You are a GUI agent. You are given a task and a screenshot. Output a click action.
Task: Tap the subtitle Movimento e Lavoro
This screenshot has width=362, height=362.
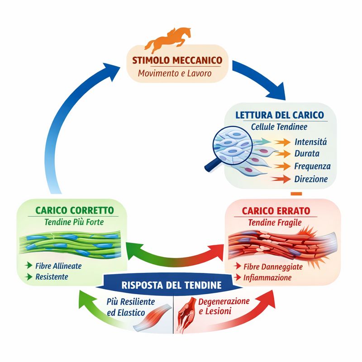(x=175, y=73)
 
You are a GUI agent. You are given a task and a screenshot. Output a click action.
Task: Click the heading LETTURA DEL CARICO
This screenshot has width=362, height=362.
(x=280, y=114)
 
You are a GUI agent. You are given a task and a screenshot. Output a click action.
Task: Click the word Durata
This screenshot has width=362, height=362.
(x=306, y=154)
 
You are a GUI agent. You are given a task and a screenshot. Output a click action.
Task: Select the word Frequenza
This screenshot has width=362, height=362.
(x=312, y=166)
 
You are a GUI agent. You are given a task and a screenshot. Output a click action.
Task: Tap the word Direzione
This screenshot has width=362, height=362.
(x=311, y=179)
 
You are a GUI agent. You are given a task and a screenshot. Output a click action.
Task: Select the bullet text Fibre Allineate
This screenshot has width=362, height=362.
(x=58, y=266)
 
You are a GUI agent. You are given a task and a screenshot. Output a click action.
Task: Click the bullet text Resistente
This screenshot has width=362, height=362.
(x=52, y=276)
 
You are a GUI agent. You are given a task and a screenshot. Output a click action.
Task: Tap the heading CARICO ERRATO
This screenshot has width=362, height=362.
(x=276, y=211)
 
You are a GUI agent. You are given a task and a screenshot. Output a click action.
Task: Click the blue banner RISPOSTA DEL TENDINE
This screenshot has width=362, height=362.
(x=171, y=286)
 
